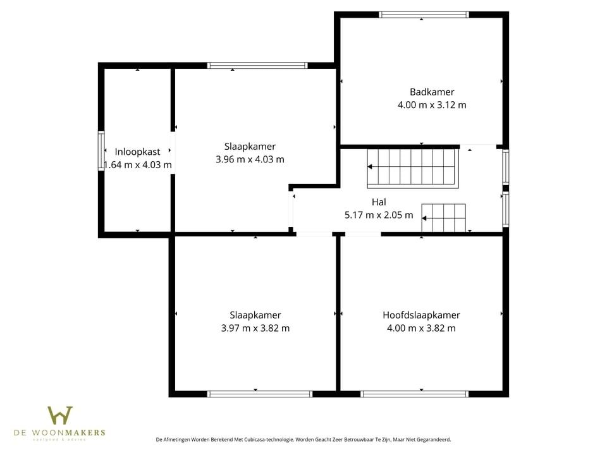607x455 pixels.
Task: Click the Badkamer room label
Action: click(x=431, y=92)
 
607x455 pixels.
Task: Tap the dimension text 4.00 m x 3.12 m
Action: click(x=431, y=105)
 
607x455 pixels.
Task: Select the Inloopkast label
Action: click(x=137, y=152)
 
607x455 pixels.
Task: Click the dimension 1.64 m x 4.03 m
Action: click(x=138, y=165)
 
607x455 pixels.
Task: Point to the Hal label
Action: click(x=379, y=202)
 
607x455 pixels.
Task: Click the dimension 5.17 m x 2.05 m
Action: click(x=379, y=215)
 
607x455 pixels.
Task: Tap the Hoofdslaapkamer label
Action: click(x=421, y=315)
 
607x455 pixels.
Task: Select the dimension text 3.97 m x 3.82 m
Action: click(x=255, y=328)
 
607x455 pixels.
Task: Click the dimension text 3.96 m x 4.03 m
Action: click(x=250, y=159)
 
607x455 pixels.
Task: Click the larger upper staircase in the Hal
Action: click(x=412, y=167)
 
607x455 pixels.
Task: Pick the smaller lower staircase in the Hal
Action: click(x=444, y=218)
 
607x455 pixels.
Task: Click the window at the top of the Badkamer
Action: click(x=424, y=14)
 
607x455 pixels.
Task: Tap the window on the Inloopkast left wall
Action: click(x=101, y=150)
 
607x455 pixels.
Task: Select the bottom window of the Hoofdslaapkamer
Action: click(x=414, y=394)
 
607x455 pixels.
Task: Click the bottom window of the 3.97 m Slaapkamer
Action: click(x=260, y=394)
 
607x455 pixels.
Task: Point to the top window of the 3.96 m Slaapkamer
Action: click(x=257, y=65)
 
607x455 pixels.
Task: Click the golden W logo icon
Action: click(x=60, y=415)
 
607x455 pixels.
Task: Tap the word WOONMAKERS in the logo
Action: click(x=78, y=433)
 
